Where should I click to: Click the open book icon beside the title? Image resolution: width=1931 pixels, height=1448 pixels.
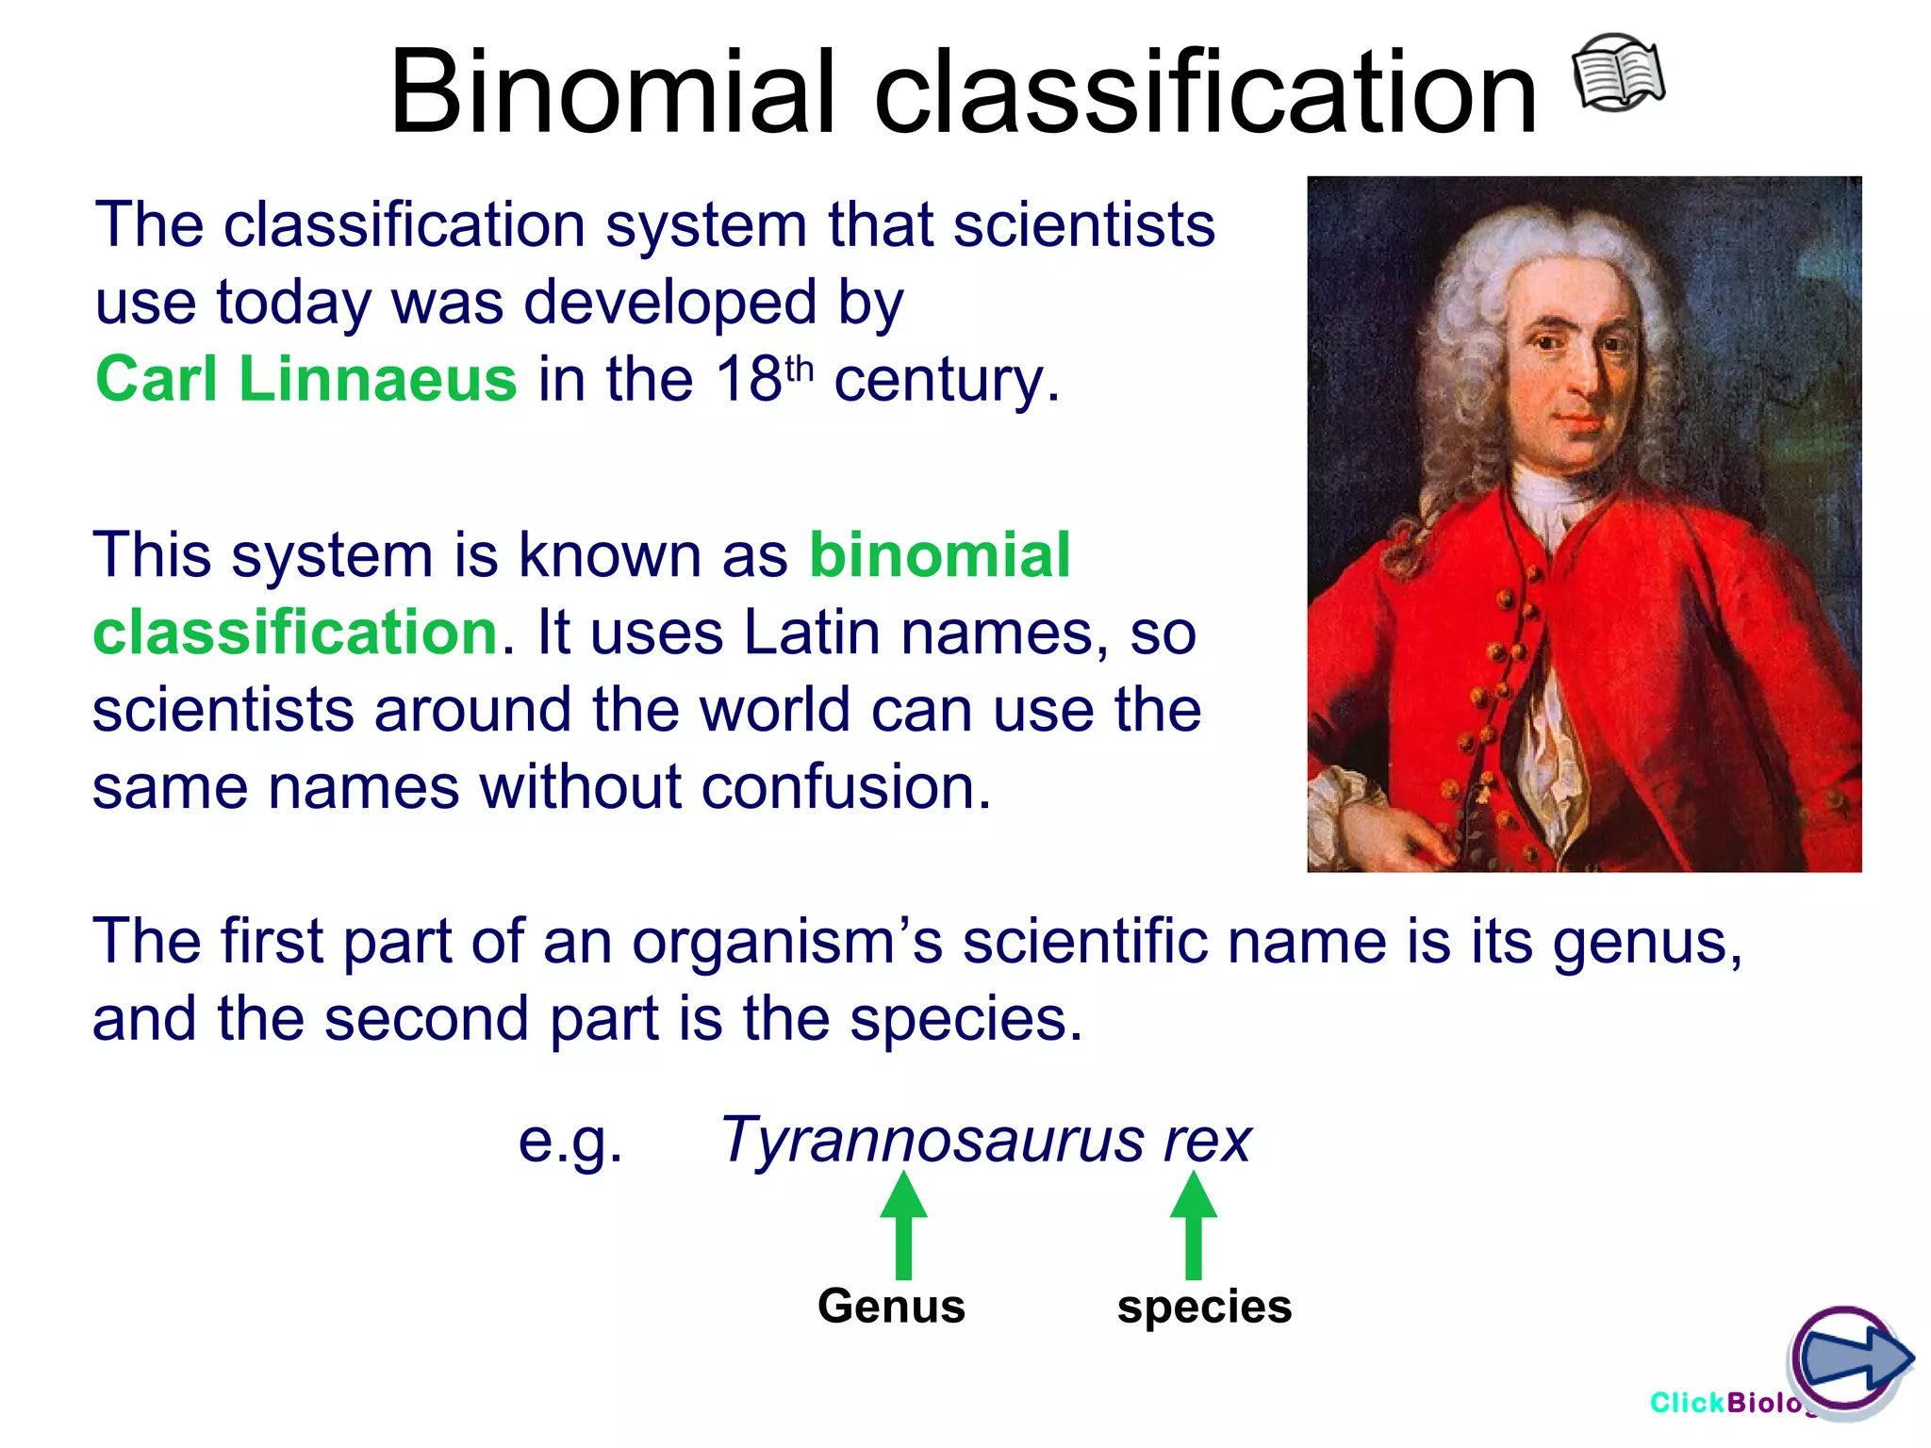1618,73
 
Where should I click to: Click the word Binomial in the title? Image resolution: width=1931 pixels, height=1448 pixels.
612,93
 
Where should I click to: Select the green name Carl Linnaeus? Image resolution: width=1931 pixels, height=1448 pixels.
306,379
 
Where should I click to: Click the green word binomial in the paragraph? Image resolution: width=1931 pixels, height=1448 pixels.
939,555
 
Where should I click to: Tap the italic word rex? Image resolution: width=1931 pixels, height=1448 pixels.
1207,1142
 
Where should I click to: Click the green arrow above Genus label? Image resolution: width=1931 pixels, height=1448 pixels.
903,1225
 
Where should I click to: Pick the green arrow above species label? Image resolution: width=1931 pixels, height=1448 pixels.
1193,1225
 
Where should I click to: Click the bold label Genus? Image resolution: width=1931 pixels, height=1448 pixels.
891,1307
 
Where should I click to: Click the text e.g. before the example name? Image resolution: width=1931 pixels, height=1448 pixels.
570,1142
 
